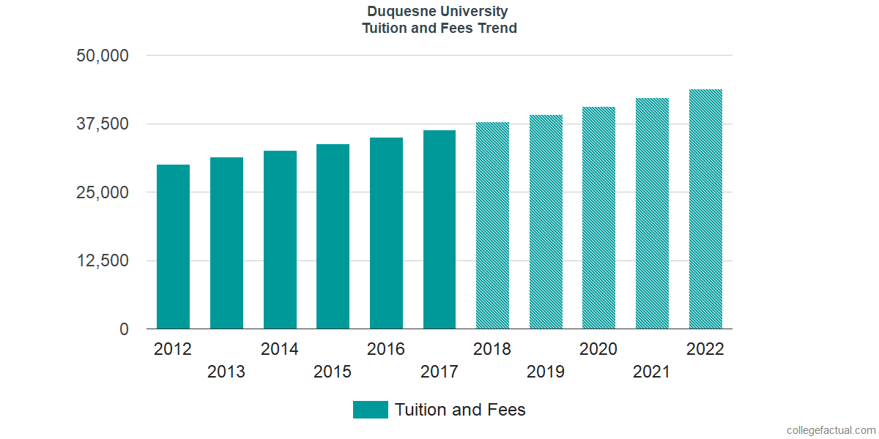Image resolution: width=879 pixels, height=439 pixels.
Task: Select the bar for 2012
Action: [x=173, y=247]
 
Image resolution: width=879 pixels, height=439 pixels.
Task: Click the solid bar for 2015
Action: [x=333, y=236]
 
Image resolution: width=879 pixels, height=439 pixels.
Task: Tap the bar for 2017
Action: [x=439, y=230]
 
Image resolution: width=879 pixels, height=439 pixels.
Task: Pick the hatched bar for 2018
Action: [x=492, y=225]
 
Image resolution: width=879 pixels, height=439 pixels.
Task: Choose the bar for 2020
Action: [x=598, y=218]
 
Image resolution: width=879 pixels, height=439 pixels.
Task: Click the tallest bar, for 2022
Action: [x=705, y=209]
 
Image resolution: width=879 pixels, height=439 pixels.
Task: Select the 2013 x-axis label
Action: [x=226, y=372]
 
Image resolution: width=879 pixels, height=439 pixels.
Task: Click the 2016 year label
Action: [x=386, y=349]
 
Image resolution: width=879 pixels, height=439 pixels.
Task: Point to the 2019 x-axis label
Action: [x=546, y=372]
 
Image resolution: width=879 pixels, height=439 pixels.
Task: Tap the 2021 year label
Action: [x=652, y=372]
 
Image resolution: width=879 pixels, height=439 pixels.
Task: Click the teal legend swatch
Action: [x=370, y=410]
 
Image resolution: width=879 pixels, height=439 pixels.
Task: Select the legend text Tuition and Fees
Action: [x=460, y=410]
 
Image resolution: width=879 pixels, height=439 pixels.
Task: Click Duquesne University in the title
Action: [x=439, y=12]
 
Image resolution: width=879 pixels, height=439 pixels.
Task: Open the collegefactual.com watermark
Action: [x=831, y=430]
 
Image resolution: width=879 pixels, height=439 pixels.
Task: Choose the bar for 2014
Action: [x=280, y=239]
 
